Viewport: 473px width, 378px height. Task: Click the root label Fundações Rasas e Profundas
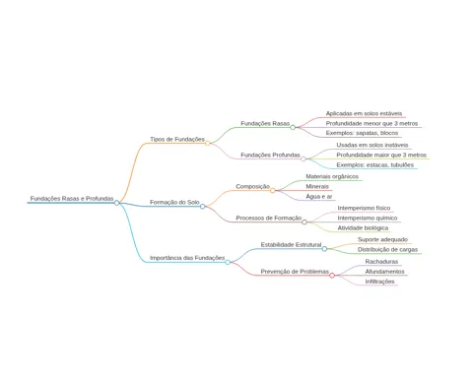pyautogui.click(x=72, y=199)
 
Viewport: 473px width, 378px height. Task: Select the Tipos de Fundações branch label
pyautogui.click(x=177, y=139)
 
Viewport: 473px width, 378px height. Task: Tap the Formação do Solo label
pyautogui.click(x=174, y=202)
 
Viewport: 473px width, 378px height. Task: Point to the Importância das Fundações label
pyautogui.click(x=187, y=258)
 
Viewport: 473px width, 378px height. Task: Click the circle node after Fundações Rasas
pyautogui.click(x=293, y=127)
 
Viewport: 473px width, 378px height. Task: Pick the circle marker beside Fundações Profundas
pyautogui.click(x=304, y=158)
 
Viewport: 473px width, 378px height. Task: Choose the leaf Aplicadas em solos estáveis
pyautogui.click(x=364, y=113)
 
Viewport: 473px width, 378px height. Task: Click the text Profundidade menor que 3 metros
pyautogui.click(x=372, y=123)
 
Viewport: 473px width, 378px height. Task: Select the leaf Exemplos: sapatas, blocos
pyautogui.click(x=362, y=133)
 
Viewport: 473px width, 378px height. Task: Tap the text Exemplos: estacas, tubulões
pyautogui.click(x=375, y=164)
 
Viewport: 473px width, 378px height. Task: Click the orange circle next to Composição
pyautogui.click(x=273, y=190)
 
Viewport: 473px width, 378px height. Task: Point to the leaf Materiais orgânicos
pyautogui.click(x=332, y=176)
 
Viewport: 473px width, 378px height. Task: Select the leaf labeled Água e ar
pyautogui.click(x=319, y=196)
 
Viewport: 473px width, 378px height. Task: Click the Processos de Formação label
pyautogui.click(x=269, y=218)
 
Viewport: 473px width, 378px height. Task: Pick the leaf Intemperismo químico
pyautogui.click(x=368, y=218)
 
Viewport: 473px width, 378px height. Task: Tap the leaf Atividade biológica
pyautogui.click(x=363, y=227)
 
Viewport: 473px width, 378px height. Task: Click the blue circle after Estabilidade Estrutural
pyautogui.click(x=324, y=249)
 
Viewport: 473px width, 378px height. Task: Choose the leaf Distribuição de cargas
pyautogui.click(x=387, y=249)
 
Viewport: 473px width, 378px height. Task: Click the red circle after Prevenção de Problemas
pyautogui.click(x=332, y=276)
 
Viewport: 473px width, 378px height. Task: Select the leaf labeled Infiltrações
pyautogui.click(x=379, y=282)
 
